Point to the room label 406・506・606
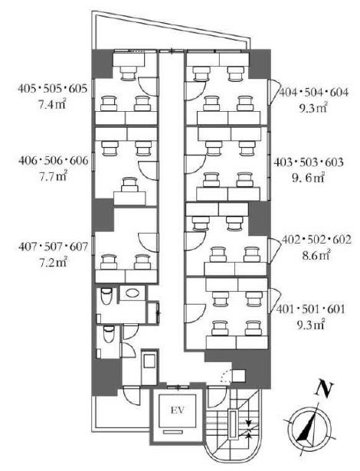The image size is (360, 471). coord(52,162)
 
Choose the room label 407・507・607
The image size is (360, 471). coord(52,248)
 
